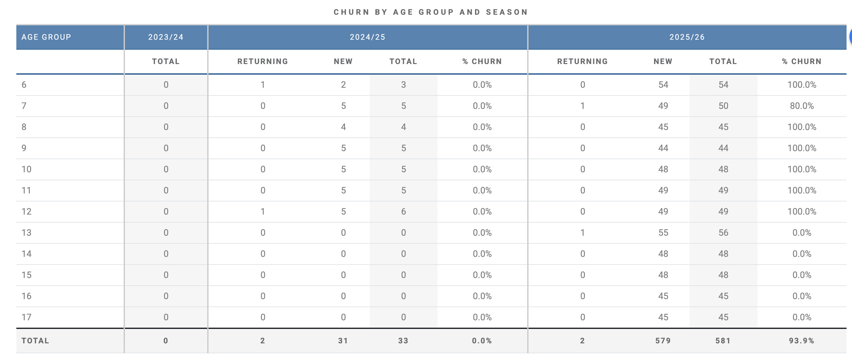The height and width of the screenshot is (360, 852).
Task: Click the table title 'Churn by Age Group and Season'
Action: pos(430,12)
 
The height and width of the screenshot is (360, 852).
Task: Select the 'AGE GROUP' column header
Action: pos(46,37)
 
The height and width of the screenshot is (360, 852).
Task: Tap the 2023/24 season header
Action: pos(166,37)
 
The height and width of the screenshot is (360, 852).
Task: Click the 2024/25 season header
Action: pos(367,37)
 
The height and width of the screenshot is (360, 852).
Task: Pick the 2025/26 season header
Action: pos(687,37)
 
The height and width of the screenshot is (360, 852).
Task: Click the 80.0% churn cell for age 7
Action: pos(802,106)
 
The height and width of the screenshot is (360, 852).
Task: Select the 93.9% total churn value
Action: pos(801,341)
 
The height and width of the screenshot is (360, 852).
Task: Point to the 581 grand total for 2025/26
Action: pos(723,341)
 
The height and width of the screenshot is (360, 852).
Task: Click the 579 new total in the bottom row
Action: pos(663,341)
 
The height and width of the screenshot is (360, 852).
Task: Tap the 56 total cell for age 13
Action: pos(723,233)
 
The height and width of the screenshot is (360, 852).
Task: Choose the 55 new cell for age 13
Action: pos(663,233)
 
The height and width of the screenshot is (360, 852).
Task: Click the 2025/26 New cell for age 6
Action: pos(663,85)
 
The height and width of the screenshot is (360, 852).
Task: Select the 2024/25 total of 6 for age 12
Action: pos(404,212)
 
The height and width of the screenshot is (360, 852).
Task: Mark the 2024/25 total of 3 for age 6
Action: pos(404,85)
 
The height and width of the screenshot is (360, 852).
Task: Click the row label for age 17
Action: pos(27,317)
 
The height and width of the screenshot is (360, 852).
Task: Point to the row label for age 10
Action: pos(27,169)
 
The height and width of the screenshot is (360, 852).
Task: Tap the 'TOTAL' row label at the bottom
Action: pos(35,341)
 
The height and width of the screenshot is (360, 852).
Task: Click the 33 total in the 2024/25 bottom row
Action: pos(403,341)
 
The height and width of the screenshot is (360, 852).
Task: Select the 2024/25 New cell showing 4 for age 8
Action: pos(343,127)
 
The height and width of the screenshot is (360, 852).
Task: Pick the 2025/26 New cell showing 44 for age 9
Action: pos(663,148)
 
